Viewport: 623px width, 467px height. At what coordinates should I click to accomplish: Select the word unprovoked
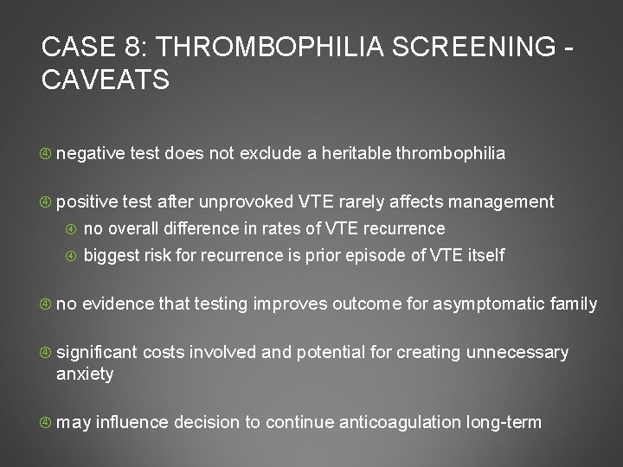point(247,202)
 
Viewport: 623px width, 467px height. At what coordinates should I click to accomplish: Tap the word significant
point(96,352)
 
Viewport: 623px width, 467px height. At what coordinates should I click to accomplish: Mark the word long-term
point(504,422)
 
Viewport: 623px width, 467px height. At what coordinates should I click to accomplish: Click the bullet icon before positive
point(46,202)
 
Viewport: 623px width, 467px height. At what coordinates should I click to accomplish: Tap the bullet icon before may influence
point(46,423)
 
